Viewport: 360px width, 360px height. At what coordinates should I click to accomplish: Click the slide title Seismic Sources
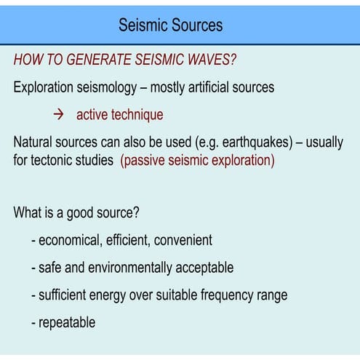pos(171,25)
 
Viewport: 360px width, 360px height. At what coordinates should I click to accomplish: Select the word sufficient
pos(65,295)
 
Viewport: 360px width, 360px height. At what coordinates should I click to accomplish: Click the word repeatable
pos(67,322)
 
